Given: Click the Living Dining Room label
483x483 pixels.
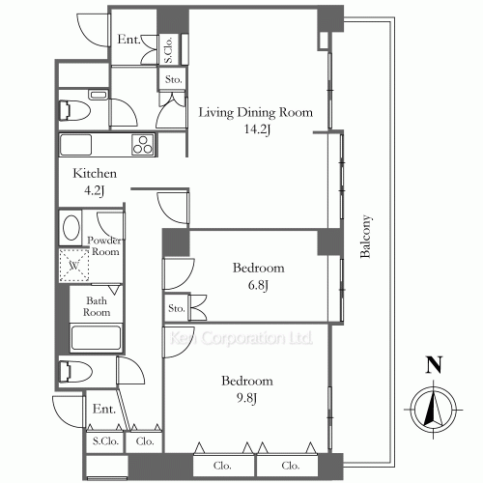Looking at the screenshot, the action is click(256, 112).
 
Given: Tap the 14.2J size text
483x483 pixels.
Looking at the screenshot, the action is click(257, 129).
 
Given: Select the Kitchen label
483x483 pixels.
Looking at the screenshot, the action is click(95, 173).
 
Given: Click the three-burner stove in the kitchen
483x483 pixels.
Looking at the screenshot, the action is click(143, 145).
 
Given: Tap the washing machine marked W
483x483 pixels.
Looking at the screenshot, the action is click(74, 266).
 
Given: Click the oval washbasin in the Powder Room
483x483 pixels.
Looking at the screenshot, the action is click(71, 228).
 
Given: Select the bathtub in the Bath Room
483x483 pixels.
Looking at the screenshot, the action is click(96, 338).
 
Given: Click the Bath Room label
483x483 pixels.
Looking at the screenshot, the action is click(97, 306).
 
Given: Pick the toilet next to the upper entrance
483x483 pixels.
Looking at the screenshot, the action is click(74, 111).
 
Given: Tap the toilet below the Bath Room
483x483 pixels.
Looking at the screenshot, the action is click(75, 371).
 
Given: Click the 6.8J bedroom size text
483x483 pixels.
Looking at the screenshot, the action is click(258, 285).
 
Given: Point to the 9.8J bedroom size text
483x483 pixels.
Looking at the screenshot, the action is click(247, 399).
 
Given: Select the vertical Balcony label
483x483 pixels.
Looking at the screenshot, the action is click(366, 237).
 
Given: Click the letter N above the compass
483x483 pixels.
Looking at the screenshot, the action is click(434, 365).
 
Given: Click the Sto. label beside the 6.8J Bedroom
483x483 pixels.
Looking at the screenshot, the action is click(177, 308).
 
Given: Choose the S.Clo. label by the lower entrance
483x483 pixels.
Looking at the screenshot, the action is click(105, 440).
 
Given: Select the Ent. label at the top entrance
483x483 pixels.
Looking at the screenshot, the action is click(128, 40).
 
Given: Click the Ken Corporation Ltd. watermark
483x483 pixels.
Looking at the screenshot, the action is click(241, 338).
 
